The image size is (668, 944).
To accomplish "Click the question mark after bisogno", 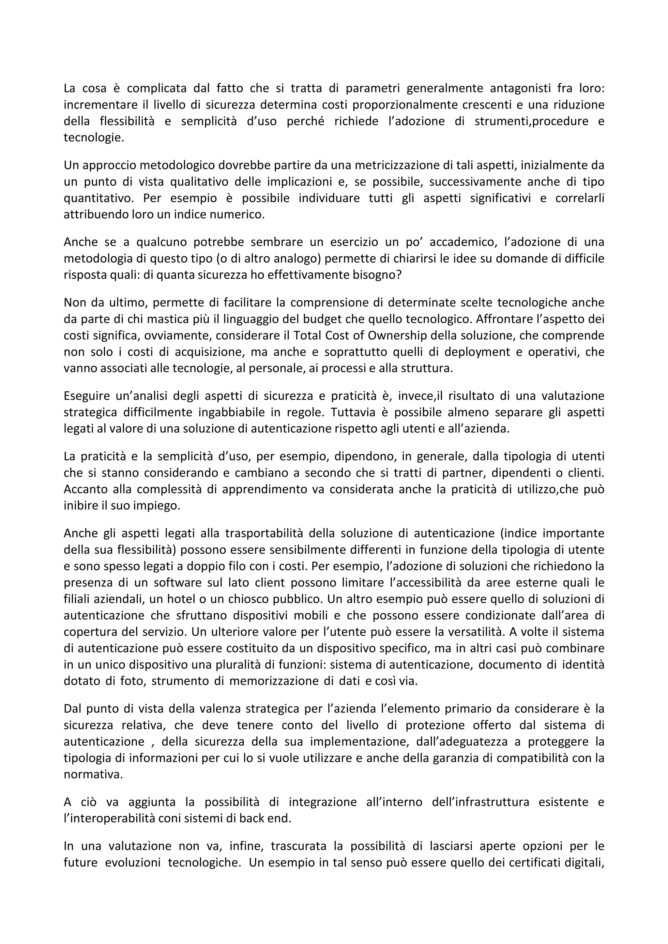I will [x=398, y=275].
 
